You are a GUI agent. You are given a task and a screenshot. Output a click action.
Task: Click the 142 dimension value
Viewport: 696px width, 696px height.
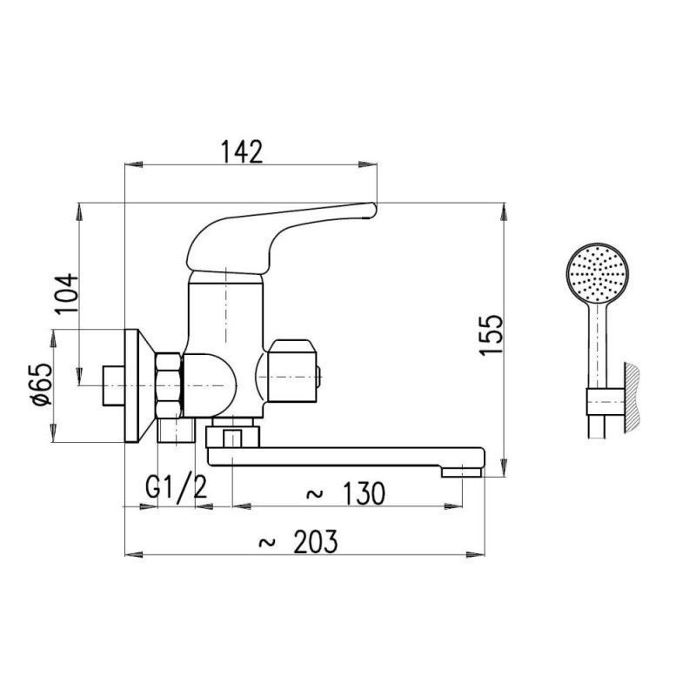click(x=242, y=151)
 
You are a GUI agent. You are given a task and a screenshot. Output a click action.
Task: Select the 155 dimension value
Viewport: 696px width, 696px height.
click(x=492, y=334)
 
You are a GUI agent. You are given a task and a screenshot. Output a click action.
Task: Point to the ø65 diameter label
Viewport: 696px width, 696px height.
click(x=42, y=385)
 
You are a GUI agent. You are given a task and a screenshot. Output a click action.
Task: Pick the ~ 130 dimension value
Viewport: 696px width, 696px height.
click(x=345, y=493)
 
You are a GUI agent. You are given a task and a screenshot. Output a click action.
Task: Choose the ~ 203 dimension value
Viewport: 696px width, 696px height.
click(x=298, y=541)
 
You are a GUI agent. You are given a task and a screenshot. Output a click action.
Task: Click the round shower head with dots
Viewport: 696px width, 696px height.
click(x=598, y=273)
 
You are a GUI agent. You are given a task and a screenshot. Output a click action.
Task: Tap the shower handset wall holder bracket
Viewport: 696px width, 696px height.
click(x=606, y=402)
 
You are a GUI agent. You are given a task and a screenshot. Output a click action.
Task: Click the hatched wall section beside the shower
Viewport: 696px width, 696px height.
click(x=633, y=398)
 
